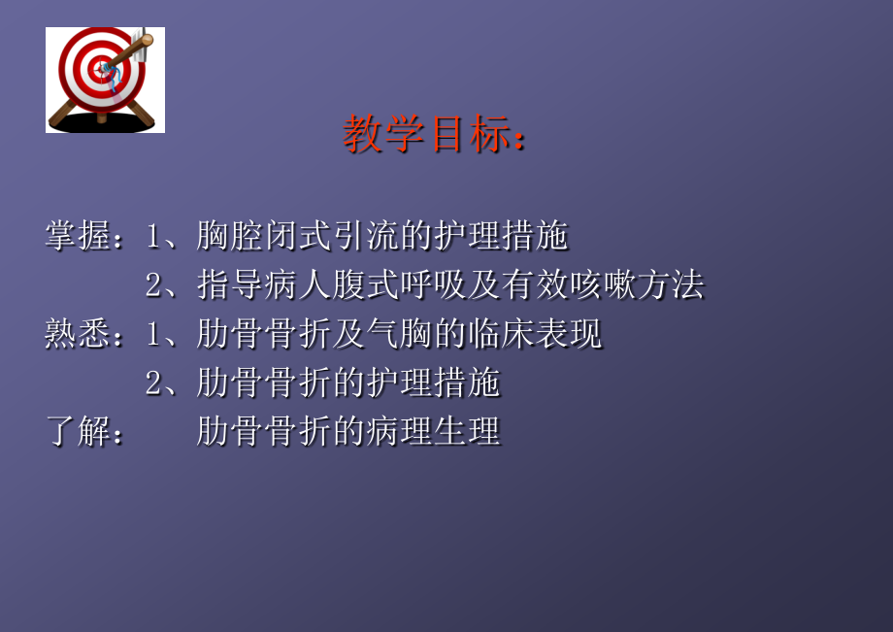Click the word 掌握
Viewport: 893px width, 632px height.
[78, 236]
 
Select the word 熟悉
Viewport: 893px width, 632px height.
[78, 334]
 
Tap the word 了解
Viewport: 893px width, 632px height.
[78, 431]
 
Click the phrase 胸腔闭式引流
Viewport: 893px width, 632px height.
[302, 236]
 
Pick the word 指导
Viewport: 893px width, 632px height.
[226, 285]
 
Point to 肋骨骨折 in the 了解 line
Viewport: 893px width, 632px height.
[260, 431]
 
